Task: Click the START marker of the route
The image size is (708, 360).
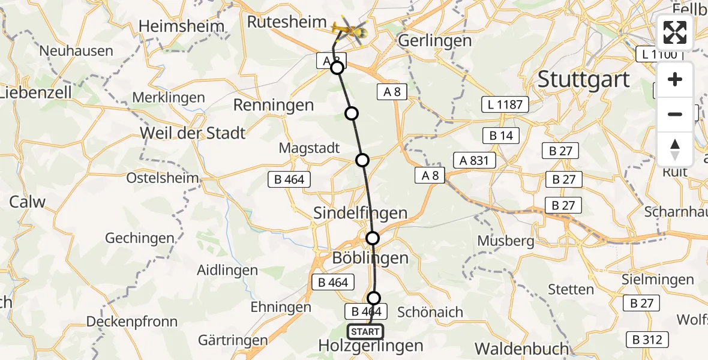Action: (x=365, y=332)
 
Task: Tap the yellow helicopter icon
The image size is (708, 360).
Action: (x=350, y=28)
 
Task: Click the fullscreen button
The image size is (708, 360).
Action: (x=675, y=32)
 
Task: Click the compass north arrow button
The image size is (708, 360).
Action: (x=675, y=149)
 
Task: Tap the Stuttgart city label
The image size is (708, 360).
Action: (x=584, y=79)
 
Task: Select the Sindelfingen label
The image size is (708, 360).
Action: (x=361, y=213)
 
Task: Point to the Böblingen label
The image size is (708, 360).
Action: (x=371, y=258)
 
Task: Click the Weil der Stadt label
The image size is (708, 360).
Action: (x=193, y=133)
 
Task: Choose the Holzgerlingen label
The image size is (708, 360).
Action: (x=371, y=346)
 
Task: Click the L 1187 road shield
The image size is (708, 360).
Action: (x=505, y=105)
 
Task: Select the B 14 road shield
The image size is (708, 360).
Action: (x=501, y=136)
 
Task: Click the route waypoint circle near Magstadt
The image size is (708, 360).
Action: (x=362, y=160)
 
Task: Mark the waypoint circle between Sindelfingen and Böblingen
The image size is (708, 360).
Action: (x=373, y=238)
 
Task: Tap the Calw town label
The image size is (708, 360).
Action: (x=27, y=202)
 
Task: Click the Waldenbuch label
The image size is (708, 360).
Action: (x=521, y=349)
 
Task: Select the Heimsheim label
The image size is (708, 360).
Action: (x=181, y=26)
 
